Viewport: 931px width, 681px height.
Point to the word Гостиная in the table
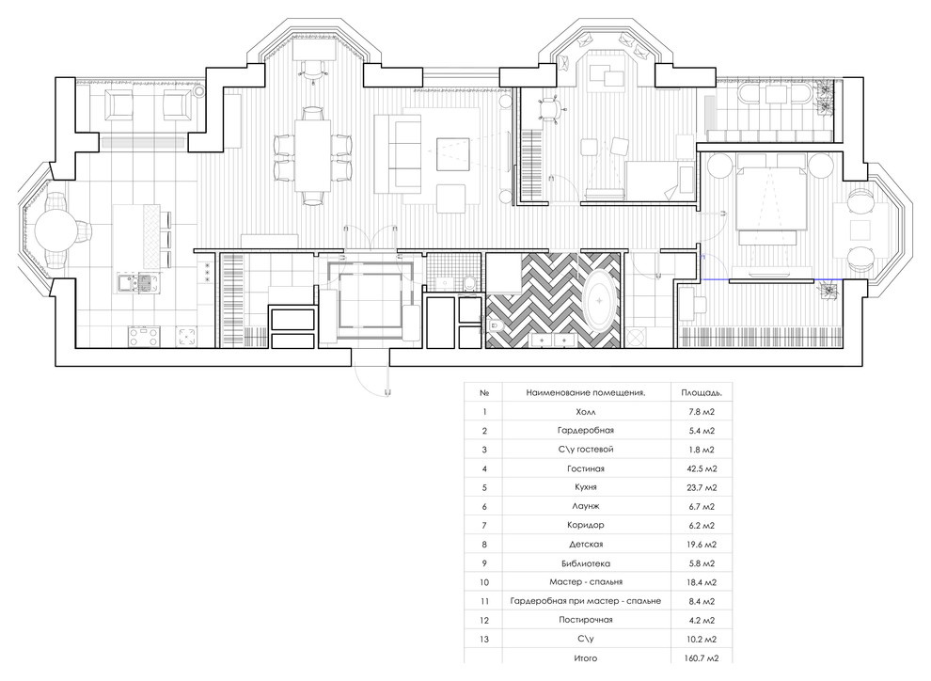coord(587,467)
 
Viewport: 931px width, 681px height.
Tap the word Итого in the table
coord(587,659)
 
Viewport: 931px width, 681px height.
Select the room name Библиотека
coord(587,563)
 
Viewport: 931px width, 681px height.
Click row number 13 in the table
coord(484,640)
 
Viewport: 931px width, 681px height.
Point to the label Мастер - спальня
coord(587,582)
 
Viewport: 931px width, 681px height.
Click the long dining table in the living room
coord(312,155)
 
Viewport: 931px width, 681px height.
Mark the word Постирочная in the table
coord(587,621)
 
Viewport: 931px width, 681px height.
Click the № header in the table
coord(484,391)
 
